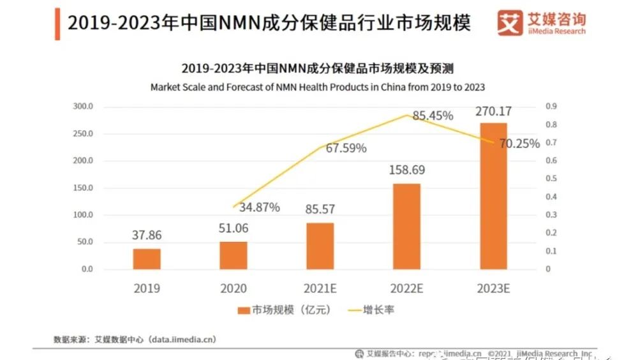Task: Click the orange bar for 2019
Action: pyautogui.click(x=147, y=259)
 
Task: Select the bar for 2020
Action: pyautogui.click(x=233, y=255)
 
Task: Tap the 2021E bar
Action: pyautogui.click(x=320, y=246)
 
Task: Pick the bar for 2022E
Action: pyautogui.click(x=406, y=226)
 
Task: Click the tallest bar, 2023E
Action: pyautogui.click(x=493, y=195)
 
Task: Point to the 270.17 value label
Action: pyautogui.click(x=493, y=112)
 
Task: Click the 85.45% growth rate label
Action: pyautogui.click(x=433, y=116)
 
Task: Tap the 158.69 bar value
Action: pyautogui.click(x=406, y=171)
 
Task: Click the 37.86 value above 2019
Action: pyautogui.click(x=147, y=235)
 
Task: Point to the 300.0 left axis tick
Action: pyautogui.click(x=83, y=106)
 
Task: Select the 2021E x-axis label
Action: pyautogui.click(x=320, y=289)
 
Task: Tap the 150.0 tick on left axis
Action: pyautogui.click(x=83, y=188)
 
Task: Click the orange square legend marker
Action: pyautogui.click(x=243, y=310)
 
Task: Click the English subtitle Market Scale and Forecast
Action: pyautogui.click(x=317, y=87)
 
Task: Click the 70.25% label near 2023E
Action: pyautogui.click(x=519, y=144)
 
